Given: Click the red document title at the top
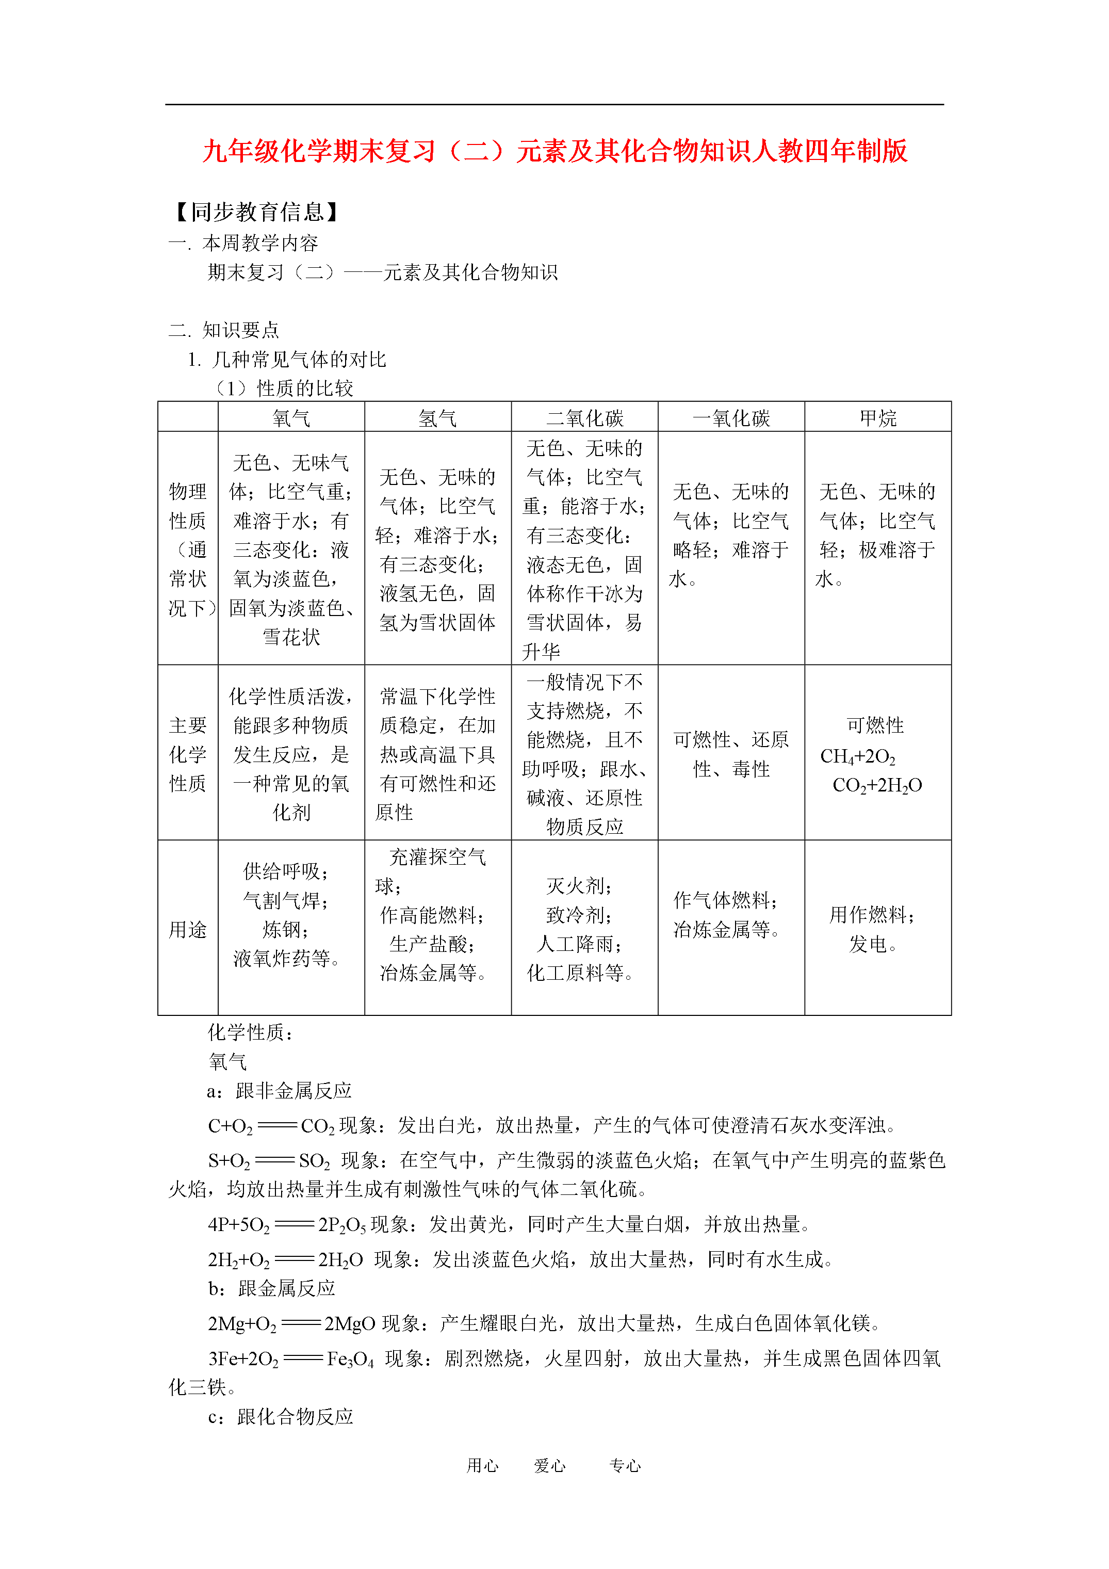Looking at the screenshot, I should pos(554,151).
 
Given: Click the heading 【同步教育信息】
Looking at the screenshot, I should pos(256,212).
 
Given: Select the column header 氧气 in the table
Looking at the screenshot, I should pos(291,417).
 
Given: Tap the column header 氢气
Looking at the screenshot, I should pos(437,417).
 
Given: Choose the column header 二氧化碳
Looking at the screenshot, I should pos(584,417).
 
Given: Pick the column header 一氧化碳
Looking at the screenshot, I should pos(730,417).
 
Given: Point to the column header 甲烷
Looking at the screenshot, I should pos(877,417).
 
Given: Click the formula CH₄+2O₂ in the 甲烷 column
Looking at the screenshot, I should pos(858,756).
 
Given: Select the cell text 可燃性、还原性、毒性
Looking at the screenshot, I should pos(730,754).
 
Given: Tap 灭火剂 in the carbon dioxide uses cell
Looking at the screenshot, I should pos(579,886).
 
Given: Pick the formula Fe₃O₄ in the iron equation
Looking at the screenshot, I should pos(350,1358).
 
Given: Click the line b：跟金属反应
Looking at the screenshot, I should pos(271,1288).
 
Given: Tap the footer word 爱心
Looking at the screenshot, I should pos(549,1465).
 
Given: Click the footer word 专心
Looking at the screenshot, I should pos(625,1465).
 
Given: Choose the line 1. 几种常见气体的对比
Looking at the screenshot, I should pos(287,360).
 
